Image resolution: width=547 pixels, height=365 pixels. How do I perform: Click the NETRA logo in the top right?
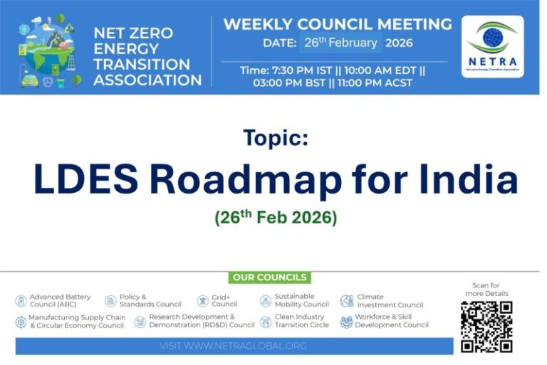pyautogui.click(x=492, y=46)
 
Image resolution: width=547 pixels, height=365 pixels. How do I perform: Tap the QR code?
pyautogui.click(x=486, y=327)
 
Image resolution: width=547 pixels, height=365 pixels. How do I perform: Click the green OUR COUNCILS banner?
pyautogui.click(x=269, y=277)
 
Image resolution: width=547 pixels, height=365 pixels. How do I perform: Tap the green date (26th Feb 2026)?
pyautogui.click(x=276, y=217)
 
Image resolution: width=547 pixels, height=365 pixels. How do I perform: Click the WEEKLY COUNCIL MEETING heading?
pyautogui.click(x=337, y=24)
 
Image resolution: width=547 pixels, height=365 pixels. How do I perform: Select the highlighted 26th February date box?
pyautogui.click(x=340, y=43)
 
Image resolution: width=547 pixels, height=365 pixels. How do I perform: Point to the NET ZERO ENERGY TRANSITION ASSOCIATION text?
pyautogui.click(x=147, y=55)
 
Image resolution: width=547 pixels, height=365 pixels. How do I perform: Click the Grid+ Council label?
pyautogui.click(x=224, y=300)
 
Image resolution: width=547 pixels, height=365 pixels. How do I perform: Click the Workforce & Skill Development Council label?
pyautogui.click(x=392, y=321)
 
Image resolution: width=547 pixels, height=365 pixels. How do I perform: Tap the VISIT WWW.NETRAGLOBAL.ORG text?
pyautogui.click(x=234, y=346)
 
